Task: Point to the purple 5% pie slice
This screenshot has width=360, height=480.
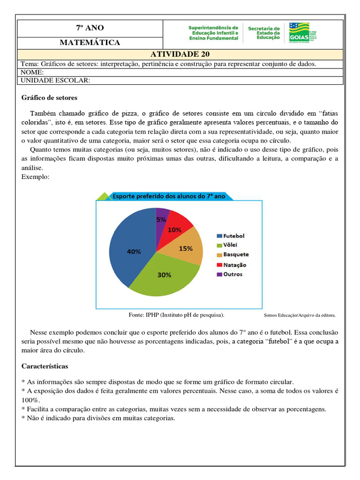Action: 162,217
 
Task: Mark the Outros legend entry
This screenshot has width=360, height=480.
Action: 229,274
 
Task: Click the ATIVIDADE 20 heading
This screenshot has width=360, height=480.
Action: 180,54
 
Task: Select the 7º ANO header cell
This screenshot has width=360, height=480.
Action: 90,28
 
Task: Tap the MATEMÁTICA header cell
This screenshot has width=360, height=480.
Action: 90,43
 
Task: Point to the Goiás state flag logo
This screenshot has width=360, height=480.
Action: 300,31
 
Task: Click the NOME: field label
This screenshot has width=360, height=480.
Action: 32,72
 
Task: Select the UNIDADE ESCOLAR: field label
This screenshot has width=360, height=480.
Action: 55,80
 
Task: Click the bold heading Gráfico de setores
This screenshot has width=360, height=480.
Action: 50,98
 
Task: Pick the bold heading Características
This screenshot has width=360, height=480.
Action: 45,366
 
